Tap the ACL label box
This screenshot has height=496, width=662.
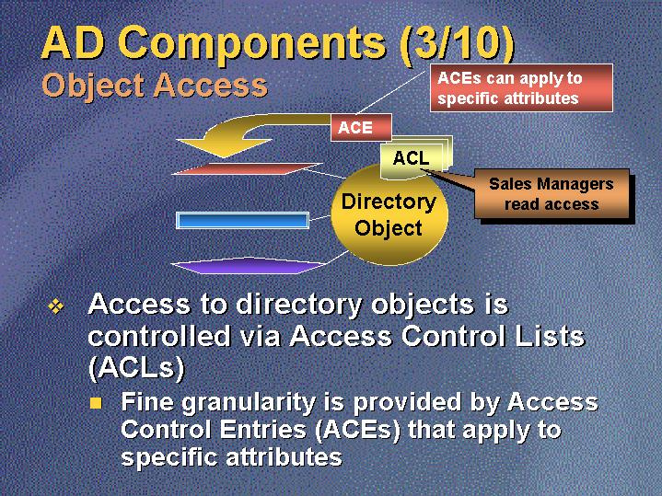coord(411,158)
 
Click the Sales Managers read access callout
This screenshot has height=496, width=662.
coord(551,194)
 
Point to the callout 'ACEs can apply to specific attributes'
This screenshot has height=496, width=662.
coord(521,88)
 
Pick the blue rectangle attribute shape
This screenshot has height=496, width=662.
coord(242,220)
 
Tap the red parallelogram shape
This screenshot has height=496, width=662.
coord(247,168)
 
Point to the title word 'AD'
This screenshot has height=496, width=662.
coord(70,43)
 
